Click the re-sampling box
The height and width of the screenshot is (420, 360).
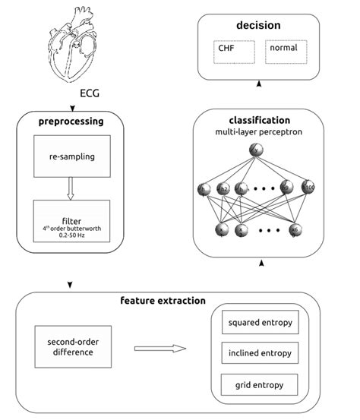[71, 158]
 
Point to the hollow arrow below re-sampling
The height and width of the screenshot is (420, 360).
[71, 190]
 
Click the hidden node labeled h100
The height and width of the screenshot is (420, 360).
[308, 188]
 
